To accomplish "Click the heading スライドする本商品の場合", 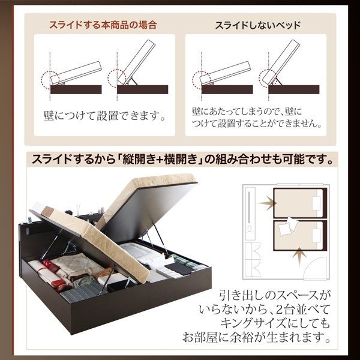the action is point(103,25).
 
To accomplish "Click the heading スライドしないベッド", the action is point(258,25).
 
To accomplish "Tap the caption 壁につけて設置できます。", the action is point(104,116).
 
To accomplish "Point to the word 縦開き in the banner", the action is point(138,160).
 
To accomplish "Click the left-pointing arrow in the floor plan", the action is point(267,203).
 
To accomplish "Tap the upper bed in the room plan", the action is point(300,203).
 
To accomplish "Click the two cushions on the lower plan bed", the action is point(288,226).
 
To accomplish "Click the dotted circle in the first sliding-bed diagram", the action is point(49,80).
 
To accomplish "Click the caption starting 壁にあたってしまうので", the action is point(256,118).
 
